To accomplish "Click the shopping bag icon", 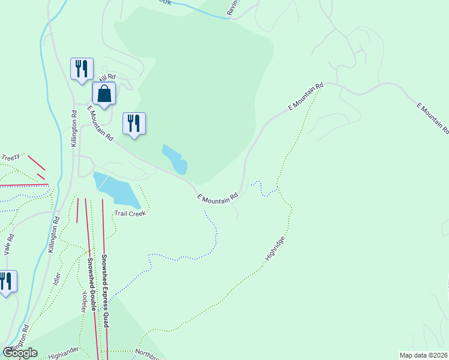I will point(104,95).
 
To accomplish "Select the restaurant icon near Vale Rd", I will point(6,281).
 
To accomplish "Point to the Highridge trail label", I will point(274,248).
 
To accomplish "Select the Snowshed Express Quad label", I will point(105,291).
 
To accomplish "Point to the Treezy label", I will point(10,157).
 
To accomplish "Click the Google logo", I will point(20,352).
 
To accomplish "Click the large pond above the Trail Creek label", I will point(118,189).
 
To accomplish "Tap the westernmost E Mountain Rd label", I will point(100,123).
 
